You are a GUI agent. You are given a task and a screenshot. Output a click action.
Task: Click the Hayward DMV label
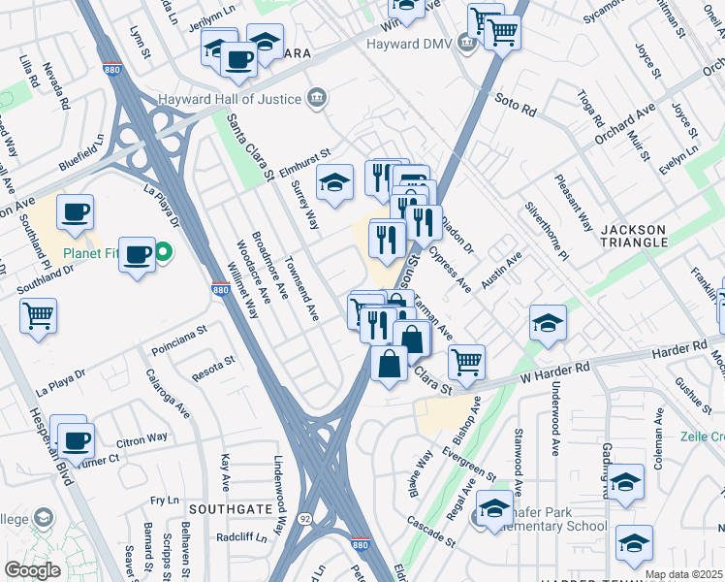(x=408, y=44)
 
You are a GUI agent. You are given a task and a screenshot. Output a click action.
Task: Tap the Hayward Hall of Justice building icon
(x=317, y=98)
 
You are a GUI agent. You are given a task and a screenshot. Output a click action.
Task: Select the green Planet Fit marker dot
(x=164, y=254)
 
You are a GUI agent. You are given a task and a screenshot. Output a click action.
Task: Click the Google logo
(x=32, y=570)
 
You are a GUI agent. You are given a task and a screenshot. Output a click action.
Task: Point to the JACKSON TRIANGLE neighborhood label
(x=634, y=237)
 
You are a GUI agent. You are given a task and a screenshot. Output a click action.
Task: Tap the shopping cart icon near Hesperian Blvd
(x=38, y=314)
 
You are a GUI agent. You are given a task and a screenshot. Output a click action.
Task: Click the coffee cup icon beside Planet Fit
(x=138, y=255)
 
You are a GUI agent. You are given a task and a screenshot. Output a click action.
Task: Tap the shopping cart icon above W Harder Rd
(x=466, y=362)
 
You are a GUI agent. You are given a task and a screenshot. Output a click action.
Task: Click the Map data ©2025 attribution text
(x=682, y=574)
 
